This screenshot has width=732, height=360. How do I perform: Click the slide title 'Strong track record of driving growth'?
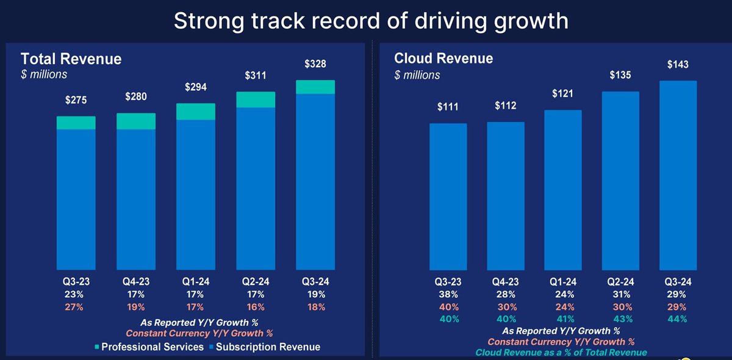point(371,21)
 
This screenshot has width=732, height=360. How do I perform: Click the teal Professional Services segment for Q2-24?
point(256,99)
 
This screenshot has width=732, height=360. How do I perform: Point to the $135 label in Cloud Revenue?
point(621,75)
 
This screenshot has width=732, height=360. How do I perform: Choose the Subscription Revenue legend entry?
point(265,347)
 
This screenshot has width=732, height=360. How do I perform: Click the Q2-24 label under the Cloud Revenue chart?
point(621,283)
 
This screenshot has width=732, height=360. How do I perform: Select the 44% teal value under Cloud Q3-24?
point(679,319)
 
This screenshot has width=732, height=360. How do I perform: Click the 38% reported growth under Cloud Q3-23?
point(448,295)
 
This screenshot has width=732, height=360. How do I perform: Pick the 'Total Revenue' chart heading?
point(71,59)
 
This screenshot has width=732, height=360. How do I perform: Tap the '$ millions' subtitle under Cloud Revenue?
point(417,75)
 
